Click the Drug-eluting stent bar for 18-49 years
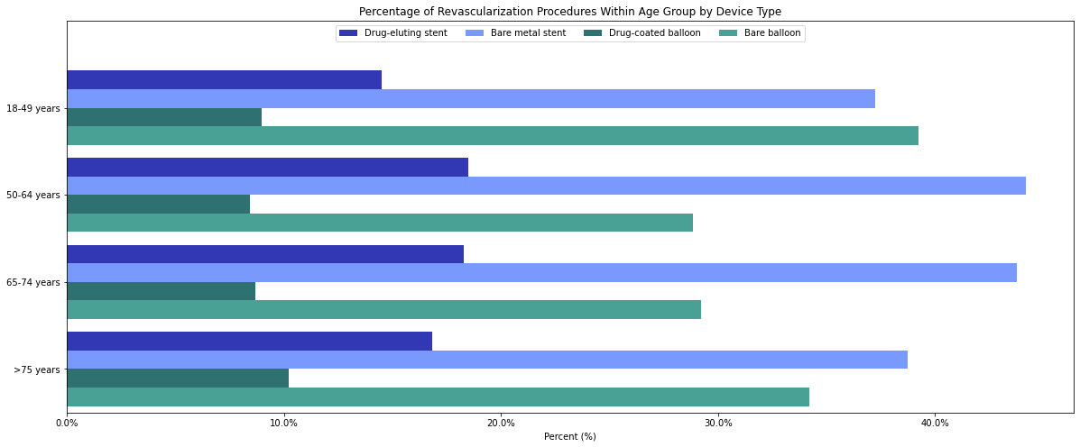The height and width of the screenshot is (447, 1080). click(x=224, y=79)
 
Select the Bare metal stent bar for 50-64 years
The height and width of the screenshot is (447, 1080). click(x=546, y=186)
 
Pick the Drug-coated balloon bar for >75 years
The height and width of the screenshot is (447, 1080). click(x=178, y=379)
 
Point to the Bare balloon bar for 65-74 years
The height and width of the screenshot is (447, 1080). click(x=383, y=310)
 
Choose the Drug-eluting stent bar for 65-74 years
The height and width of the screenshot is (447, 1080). click(x=265, y=254)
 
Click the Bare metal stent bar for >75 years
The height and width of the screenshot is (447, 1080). click(x=487, y=360)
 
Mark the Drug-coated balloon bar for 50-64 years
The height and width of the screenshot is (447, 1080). click(x=158, y=204)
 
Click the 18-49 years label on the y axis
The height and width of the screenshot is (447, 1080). click(x=32, y=108)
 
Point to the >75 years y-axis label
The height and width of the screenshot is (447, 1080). click(x=37, y=369)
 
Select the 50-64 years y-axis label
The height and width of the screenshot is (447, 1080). click(x=32, y=196)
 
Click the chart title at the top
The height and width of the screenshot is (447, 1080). click(x=570, y=11)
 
